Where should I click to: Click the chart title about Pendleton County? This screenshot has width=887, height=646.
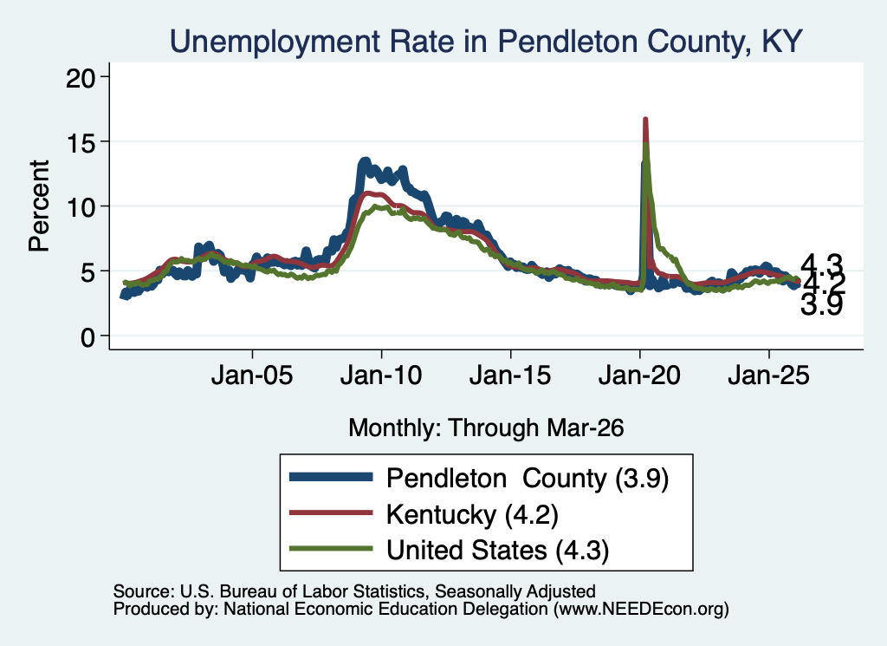486,42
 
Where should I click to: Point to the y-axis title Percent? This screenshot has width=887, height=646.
39,206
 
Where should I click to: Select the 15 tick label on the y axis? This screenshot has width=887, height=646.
81,142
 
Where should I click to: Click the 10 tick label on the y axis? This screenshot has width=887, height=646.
81,207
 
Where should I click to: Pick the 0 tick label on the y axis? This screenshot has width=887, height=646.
87,337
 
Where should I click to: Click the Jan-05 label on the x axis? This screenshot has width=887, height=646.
252,375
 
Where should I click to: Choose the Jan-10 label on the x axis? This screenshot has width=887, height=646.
381,375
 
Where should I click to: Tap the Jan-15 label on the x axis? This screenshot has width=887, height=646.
510,375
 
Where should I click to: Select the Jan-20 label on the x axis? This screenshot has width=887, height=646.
639,375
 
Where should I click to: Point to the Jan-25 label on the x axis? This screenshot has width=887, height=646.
769,375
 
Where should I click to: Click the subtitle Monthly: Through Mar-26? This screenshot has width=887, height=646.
486,428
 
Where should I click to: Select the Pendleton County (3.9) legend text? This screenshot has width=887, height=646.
528,479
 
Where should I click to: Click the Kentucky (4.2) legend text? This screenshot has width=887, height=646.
472,515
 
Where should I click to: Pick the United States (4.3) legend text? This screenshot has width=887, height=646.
498,550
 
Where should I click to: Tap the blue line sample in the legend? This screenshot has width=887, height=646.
331,477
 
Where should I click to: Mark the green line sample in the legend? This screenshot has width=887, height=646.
331,548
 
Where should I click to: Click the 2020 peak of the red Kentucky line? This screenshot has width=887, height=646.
644,120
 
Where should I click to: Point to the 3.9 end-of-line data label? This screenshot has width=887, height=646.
821,305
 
